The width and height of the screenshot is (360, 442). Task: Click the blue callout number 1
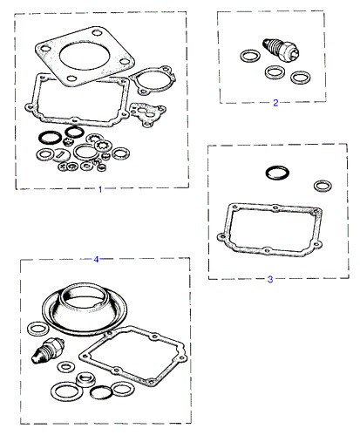pos(100,189)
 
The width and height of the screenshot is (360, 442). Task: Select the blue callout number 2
pos(275,103)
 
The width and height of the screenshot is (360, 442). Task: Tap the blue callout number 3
pos(270,279)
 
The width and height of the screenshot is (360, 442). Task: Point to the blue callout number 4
pos(96,259)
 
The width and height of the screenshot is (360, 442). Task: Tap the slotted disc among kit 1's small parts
pos(61,153)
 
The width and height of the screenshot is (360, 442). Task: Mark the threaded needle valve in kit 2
pos(281,50)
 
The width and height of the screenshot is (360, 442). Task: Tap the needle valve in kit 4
pos(47,351)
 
